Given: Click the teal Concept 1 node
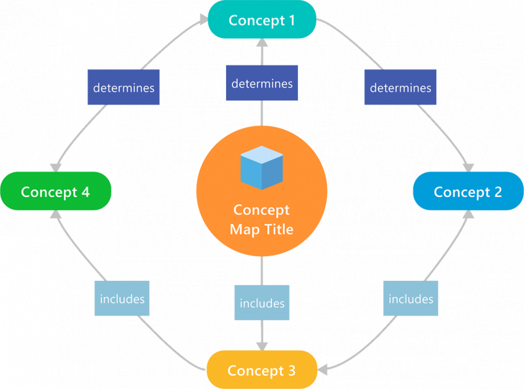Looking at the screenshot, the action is pos(262,20).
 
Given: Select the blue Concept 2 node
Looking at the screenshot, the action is pos(468,191).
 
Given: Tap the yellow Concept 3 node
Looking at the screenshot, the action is pos(262,369).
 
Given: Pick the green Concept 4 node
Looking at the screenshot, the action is pos(56,191).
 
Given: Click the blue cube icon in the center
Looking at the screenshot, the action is pos(261,168).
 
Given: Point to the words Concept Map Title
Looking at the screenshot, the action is pos(261,219).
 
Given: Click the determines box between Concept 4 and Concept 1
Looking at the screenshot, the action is pos(124,87).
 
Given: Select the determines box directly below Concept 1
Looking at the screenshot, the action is pos(262,83).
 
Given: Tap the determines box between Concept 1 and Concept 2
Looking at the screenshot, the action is pos(400,87).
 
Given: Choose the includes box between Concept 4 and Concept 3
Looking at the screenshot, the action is pos(122,299).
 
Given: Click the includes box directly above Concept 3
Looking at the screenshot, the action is pos(262,303).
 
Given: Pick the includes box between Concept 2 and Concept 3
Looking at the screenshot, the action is pos(411,299).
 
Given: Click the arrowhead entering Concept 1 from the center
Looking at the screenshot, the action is pos(262,43).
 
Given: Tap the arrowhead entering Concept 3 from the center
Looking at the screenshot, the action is pos(262,346).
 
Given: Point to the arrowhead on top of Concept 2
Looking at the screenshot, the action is pos(469,168).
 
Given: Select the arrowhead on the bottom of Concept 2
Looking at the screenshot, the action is pos(468,214).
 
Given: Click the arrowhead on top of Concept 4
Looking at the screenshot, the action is pos(56,168).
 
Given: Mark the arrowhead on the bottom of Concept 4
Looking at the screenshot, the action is pos(56,214).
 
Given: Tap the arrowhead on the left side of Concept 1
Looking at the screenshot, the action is pos(204,20).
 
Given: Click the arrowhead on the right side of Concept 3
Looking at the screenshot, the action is pos(322,369).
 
